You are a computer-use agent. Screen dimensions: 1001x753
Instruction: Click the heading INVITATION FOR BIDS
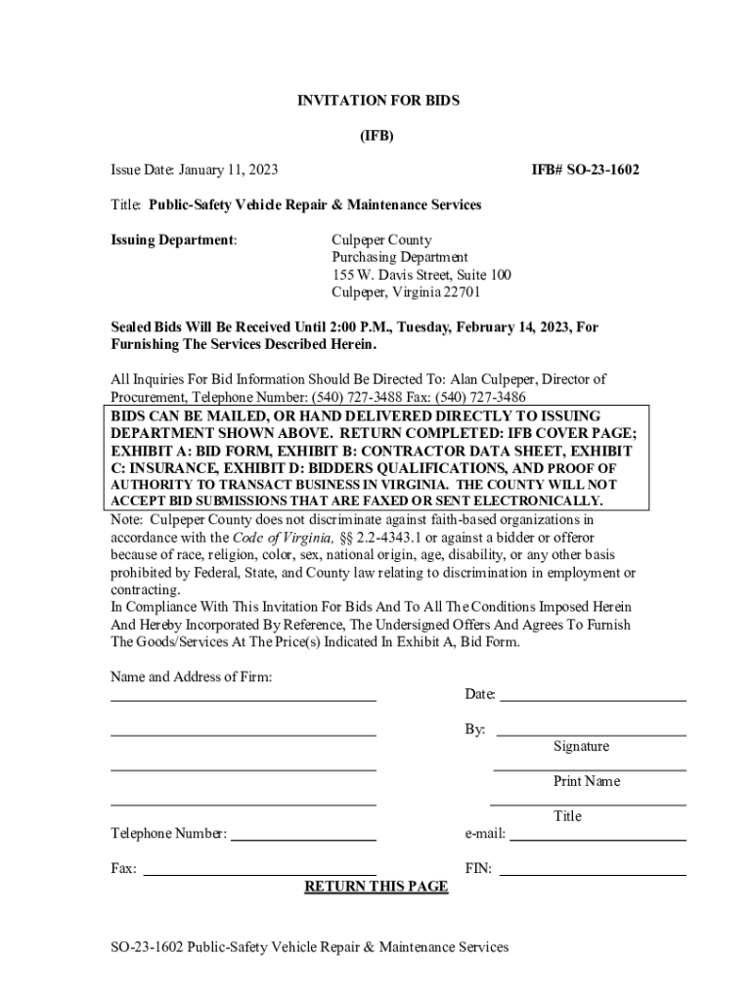click(377, 101)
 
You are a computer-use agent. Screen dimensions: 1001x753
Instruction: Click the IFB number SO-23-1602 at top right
click(585, 170)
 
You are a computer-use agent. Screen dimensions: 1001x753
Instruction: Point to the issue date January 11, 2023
click(229, 170)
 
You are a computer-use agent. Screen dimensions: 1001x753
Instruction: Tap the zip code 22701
click(462, 292)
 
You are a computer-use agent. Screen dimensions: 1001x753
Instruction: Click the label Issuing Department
click(173, 239)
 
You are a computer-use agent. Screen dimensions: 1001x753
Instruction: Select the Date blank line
click(593, 700)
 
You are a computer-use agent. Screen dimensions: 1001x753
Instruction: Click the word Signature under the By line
click(581, 747)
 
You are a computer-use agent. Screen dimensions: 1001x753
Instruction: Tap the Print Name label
click(587, 782)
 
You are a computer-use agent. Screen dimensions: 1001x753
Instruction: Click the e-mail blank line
click(598, 840)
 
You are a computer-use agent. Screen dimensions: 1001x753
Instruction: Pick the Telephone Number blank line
click(303, 840)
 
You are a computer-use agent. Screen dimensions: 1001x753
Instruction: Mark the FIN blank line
click(593, 874)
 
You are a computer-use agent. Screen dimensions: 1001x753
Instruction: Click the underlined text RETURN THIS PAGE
click(376, 887)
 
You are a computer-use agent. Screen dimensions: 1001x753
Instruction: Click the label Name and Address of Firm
click(191, 677)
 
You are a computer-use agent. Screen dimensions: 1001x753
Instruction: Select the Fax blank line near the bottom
click(259, 874)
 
